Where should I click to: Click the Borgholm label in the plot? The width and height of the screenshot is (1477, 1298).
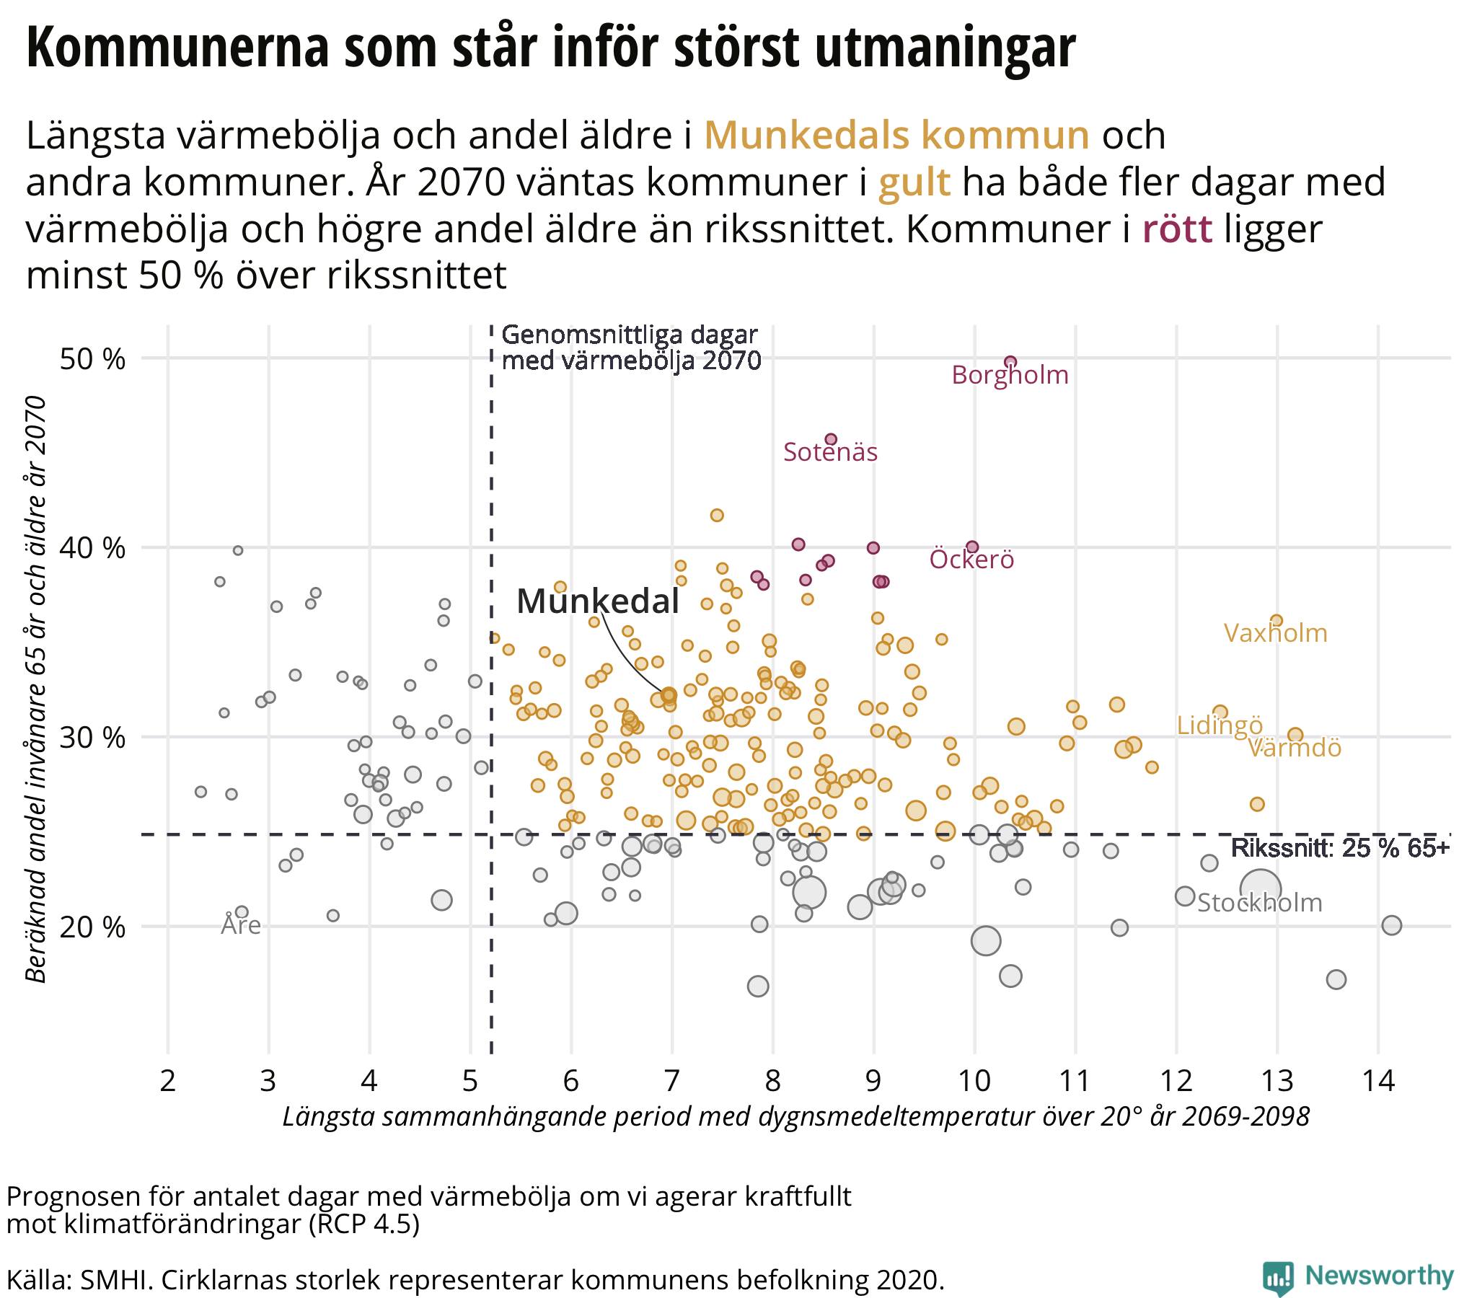(1010, 375)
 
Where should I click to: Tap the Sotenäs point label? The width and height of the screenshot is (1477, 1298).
(830, 452)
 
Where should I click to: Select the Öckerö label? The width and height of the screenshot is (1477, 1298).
(971, 560)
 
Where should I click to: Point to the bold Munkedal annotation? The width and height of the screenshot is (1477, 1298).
(598, 601)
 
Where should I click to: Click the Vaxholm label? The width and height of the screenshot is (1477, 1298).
(1274, 633)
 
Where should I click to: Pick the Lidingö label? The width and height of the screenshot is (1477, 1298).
(1219, 725)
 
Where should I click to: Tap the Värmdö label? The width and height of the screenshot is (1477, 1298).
(1295, 748)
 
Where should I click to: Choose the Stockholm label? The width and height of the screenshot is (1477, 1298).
(1259, 903)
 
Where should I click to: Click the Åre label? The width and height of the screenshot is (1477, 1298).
(241, 925)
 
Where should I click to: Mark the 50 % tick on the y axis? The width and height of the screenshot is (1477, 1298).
(92, 359)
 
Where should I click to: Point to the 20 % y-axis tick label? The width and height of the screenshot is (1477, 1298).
(92, 927)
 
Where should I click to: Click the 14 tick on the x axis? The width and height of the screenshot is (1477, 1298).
(1377, 1081)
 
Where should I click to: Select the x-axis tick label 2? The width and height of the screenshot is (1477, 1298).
(167, 1081)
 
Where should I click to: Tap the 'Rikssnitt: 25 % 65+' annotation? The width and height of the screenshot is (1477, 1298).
(1340, 849)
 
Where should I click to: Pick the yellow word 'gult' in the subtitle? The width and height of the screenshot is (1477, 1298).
(913, 182)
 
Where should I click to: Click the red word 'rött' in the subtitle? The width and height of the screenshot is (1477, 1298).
(1177, 229)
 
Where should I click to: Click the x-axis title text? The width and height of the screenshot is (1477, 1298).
(795, 1116)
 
